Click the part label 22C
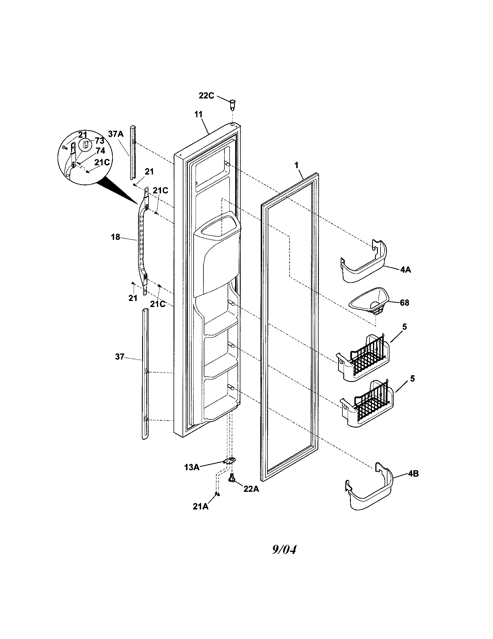click(206, 96)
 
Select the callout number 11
click(199, 114)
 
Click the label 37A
click(116, 134)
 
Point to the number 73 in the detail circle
click(99, 141)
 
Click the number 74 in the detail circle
click(100, 151)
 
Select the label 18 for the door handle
click(115, 237)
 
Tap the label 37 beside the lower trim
click(119, 357)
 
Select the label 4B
click(413, 474)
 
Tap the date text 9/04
click(284, 550)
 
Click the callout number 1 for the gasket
click(296, 165)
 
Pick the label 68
click(404, 303)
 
